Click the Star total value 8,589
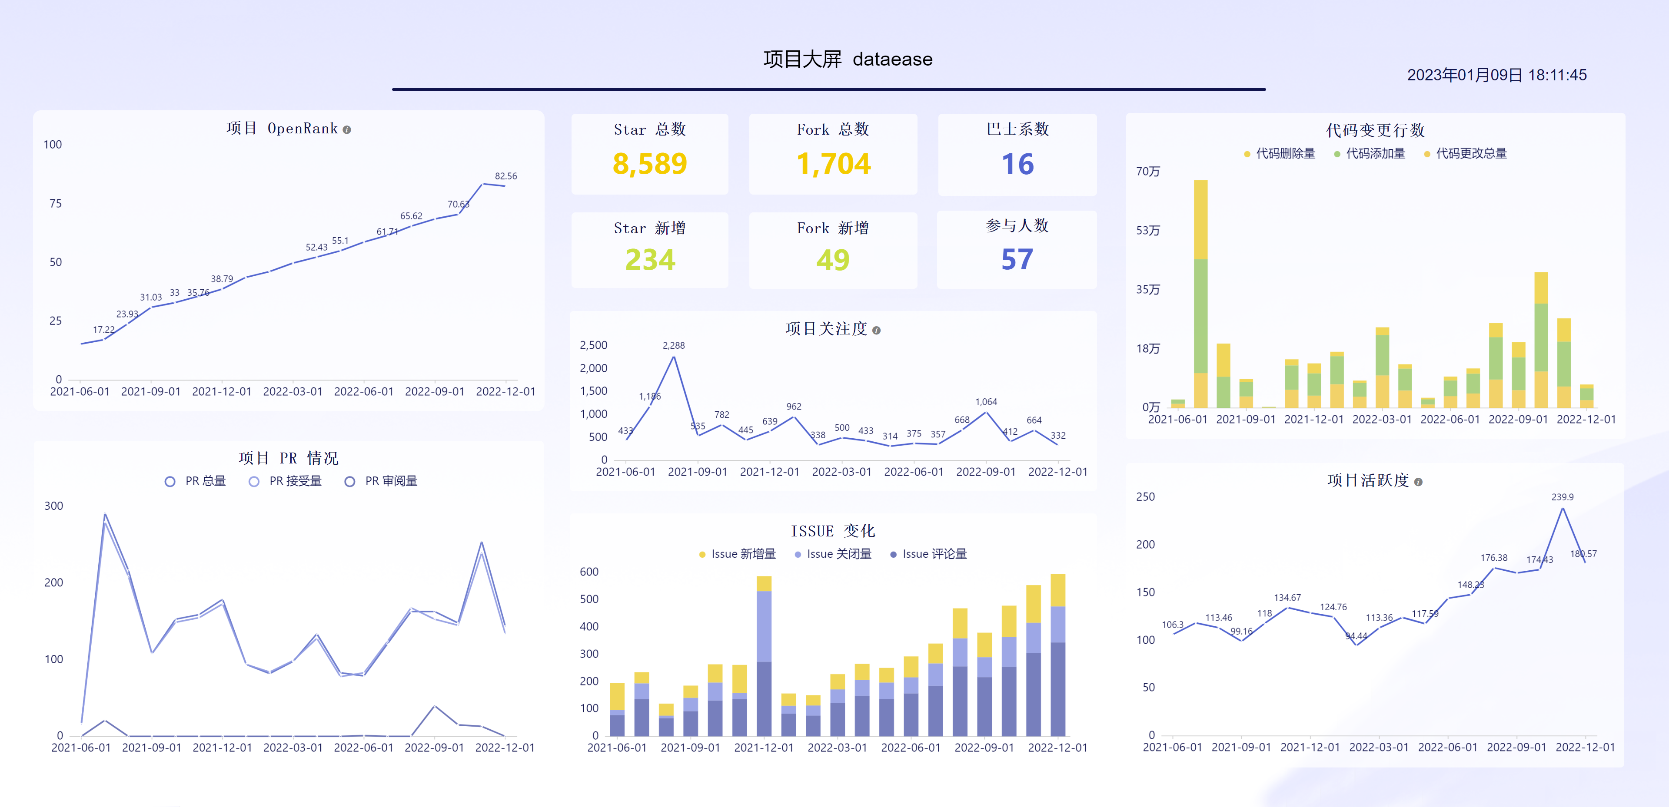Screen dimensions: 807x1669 tap(649, 164)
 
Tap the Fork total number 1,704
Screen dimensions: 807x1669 tap(833, 164)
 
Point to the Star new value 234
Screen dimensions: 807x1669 tap(649, 260)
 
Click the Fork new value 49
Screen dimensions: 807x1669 tap(833, 260)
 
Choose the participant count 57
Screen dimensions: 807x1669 tap(1017, 260)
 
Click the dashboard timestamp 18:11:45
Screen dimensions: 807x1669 tap(1557, 75)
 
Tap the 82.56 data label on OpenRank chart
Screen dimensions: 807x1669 tap(505, 176)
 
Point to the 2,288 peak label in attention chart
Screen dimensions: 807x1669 tap(673, 346)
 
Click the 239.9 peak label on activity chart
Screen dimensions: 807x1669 tap(1562, 497)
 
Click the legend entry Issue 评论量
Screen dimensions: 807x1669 tap(928, 554)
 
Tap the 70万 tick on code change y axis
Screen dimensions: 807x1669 tap(1147, 172)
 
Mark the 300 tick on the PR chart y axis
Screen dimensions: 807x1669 tap(54, 506)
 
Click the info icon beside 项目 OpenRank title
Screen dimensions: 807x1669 tap(347, 129)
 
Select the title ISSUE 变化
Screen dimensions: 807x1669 tap(833, 531)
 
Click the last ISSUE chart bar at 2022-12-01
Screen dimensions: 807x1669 tap(1057, 654)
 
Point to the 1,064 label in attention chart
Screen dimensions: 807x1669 tap(985, 402)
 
